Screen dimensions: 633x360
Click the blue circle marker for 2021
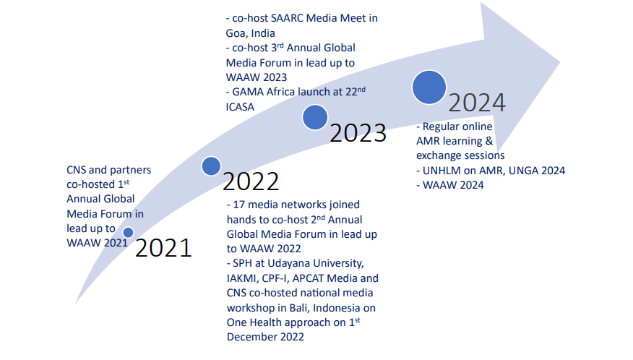pyautogui.click(x=129, y=232)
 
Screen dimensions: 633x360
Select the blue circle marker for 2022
pyautogui.click(x=211, y=166)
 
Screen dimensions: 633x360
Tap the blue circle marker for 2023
pyautogui.click(x=315, y=118)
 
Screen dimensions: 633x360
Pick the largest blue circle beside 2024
pyautogui.click(x=429, y=87)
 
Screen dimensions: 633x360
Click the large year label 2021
pyautogui.click(x=163, y=248)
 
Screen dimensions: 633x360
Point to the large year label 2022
pyautogui.click(x=251, y=181)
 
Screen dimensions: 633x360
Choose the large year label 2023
pyautogui.click(x=358, y=133)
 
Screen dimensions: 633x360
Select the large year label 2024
pyautogui.click(x=477, y=103)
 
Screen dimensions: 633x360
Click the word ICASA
pyautogui.click(x=240, y=107)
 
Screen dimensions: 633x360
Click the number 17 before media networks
pyautogui.click(x=239, y=205)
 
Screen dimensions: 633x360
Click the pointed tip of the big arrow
pyautogui.click(x=560, y=62)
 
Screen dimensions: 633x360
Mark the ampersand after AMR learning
pyautogui.click(x=489, y=141)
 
